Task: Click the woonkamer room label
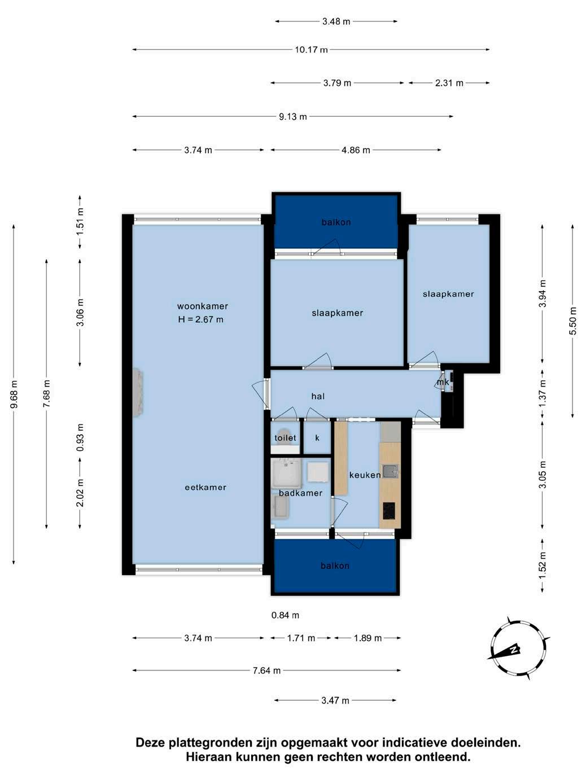[203, 306]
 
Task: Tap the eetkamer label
[205, 488]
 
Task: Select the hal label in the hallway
[318, 396]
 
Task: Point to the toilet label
[285, 438]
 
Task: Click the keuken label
[365, 475]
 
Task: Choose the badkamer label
[300, 493]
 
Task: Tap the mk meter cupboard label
[443, 383]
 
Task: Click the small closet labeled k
[317, 438]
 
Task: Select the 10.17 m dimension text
[311, 50]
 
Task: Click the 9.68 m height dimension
[14, 394]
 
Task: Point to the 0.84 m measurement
[285, 615]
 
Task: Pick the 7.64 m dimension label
[266, 671]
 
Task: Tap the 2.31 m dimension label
[449, 84]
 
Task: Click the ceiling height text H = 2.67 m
[200, 319]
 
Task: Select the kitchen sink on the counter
[390, 471]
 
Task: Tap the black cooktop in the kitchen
[389, 511]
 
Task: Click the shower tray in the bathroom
[286, 473]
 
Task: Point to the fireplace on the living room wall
[138, 392]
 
